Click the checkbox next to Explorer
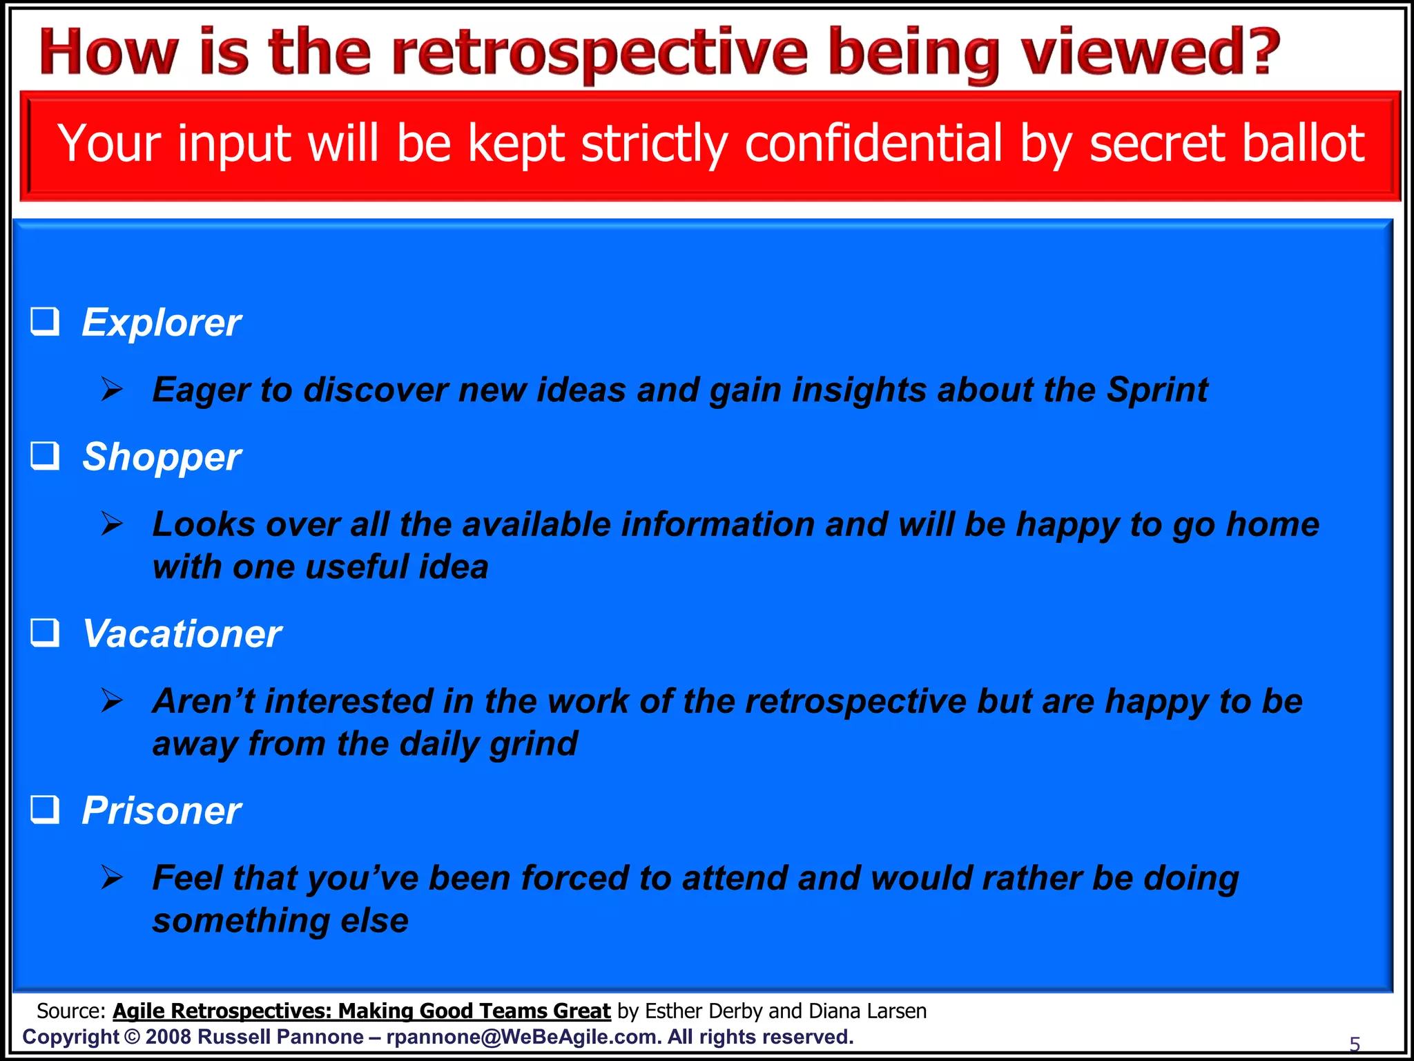46,322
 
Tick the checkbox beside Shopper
46,457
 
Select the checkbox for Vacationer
46,633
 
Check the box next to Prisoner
46,810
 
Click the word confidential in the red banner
873,144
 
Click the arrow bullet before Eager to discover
111,390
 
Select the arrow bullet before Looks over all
111,524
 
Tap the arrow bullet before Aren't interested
111,700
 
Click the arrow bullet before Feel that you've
111,877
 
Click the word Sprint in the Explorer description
1158,390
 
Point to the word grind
533,744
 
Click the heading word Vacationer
182,633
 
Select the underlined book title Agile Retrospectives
361,1011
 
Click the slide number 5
1355,1044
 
